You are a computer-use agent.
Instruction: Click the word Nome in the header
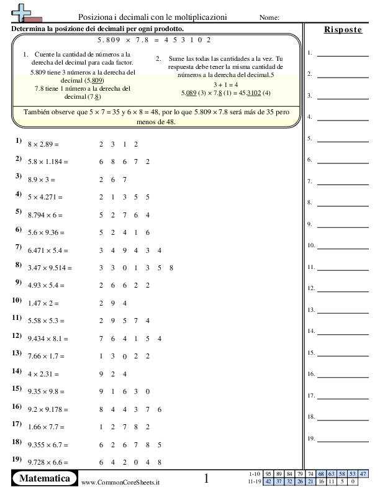(x=268, y=17)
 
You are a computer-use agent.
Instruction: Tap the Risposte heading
(x=343, y=30)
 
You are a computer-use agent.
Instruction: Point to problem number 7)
(x=19, y=247)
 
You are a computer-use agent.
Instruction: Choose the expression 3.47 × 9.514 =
(x=50, y=268)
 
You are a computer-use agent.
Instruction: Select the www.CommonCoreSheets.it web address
(x=120, y=482)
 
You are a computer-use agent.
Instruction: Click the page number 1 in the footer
(x=207, y=478)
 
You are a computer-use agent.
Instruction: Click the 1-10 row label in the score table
(x=253, y=474)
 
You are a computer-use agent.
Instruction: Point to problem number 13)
(x=17, y=352)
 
